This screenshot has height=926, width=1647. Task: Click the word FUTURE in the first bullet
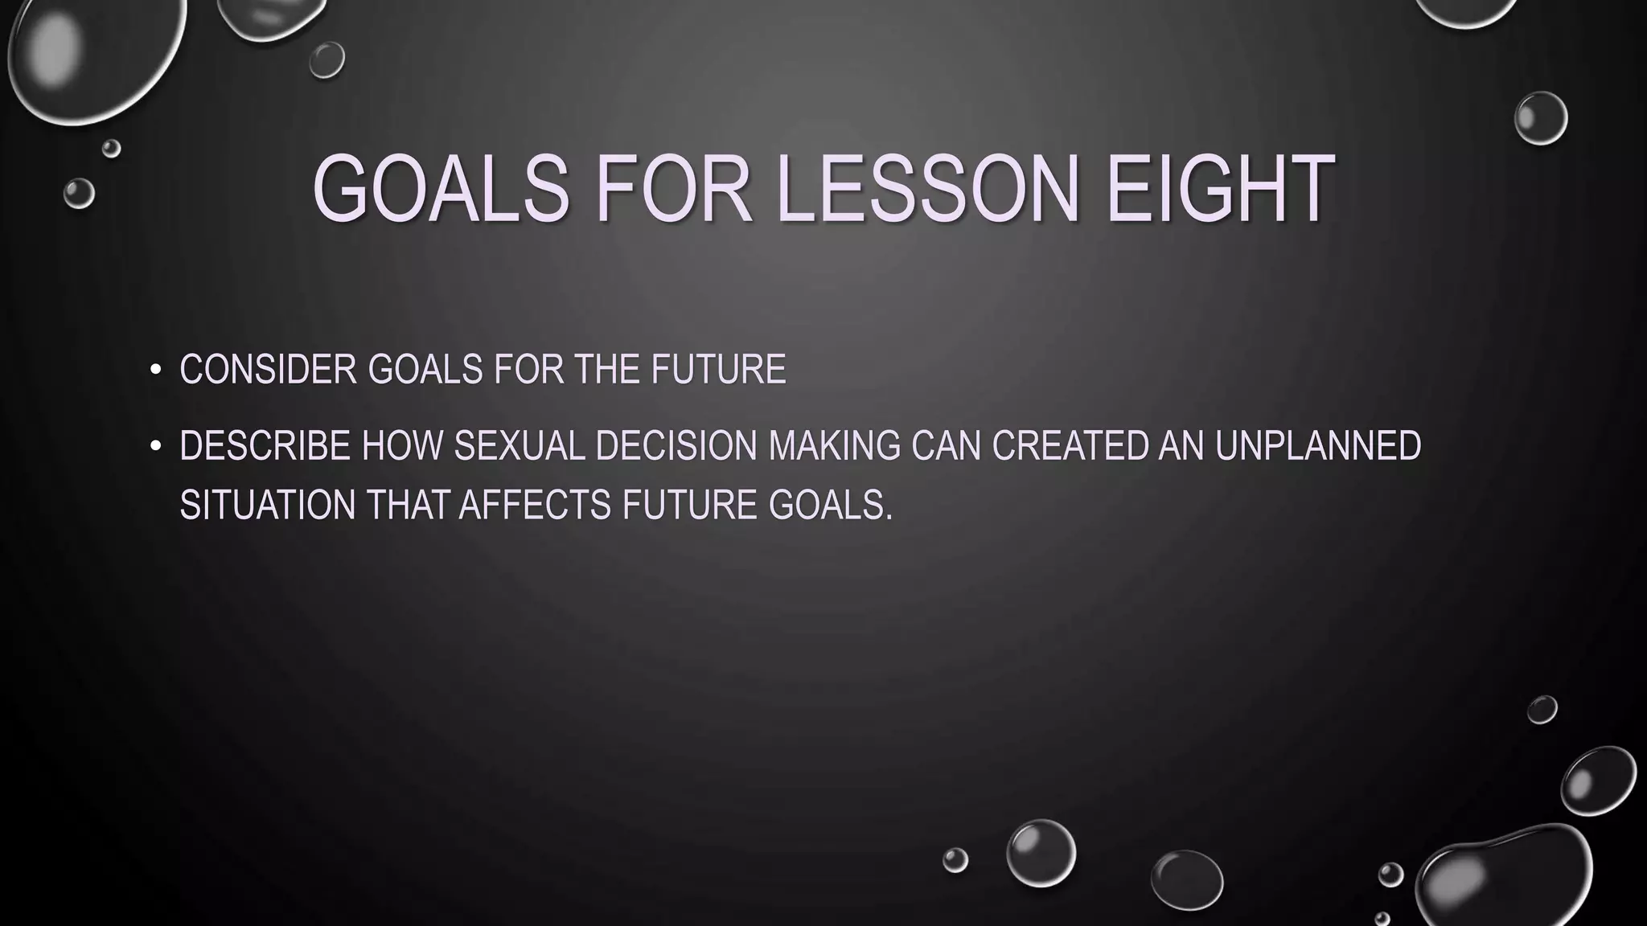click(718, 370)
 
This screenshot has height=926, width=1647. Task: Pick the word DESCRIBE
click(265, 446)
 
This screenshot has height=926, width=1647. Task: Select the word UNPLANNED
click(1318, 446)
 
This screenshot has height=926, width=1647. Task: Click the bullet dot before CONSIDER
click(156, 371)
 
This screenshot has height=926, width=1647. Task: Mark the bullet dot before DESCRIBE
click(156, 447)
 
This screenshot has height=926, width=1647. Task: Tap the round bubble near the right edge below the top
click(1540, 118)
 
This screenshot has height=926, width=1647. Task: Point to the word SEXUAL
click(520, 446)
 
